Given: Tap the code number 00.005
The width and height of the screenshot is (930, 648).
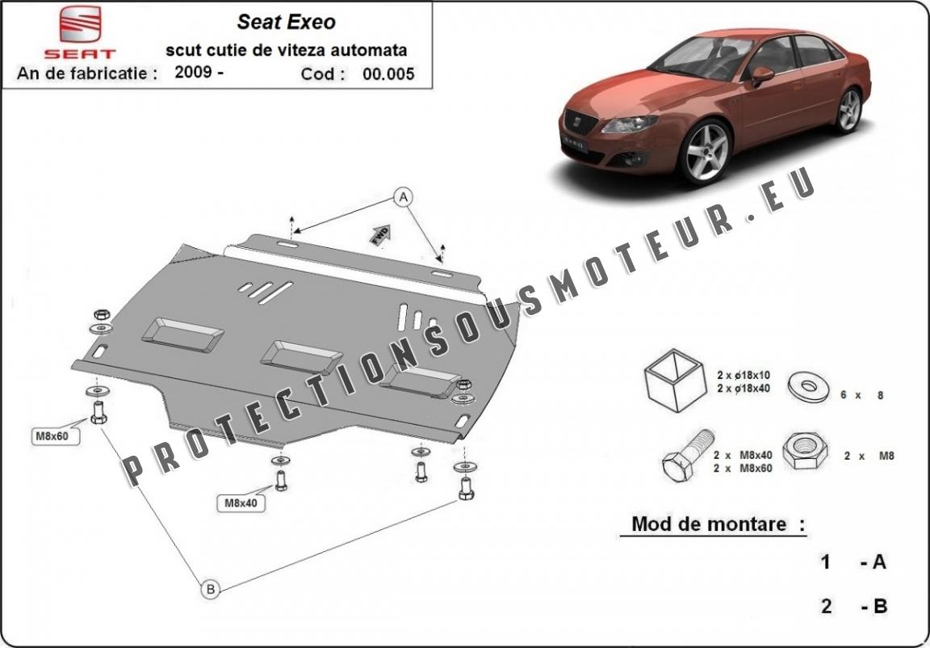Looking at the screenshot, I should (x=388, y=74).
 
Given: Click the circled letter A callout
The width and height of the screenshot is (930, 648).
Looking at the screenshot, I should (x=403, y=196).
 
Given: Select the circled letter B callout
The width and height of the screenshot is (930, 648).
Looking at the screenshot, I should (x=210, y=590).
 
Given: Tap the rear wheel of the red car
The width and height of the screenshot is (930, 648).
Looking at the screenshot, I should (x=848, y=110).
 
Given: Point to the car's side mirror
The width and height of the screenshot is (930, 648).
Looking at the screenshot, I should (x=760, y=76).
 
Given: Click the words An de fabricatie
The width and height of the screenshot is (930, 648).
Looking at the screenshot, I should (x=86, y=74).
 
